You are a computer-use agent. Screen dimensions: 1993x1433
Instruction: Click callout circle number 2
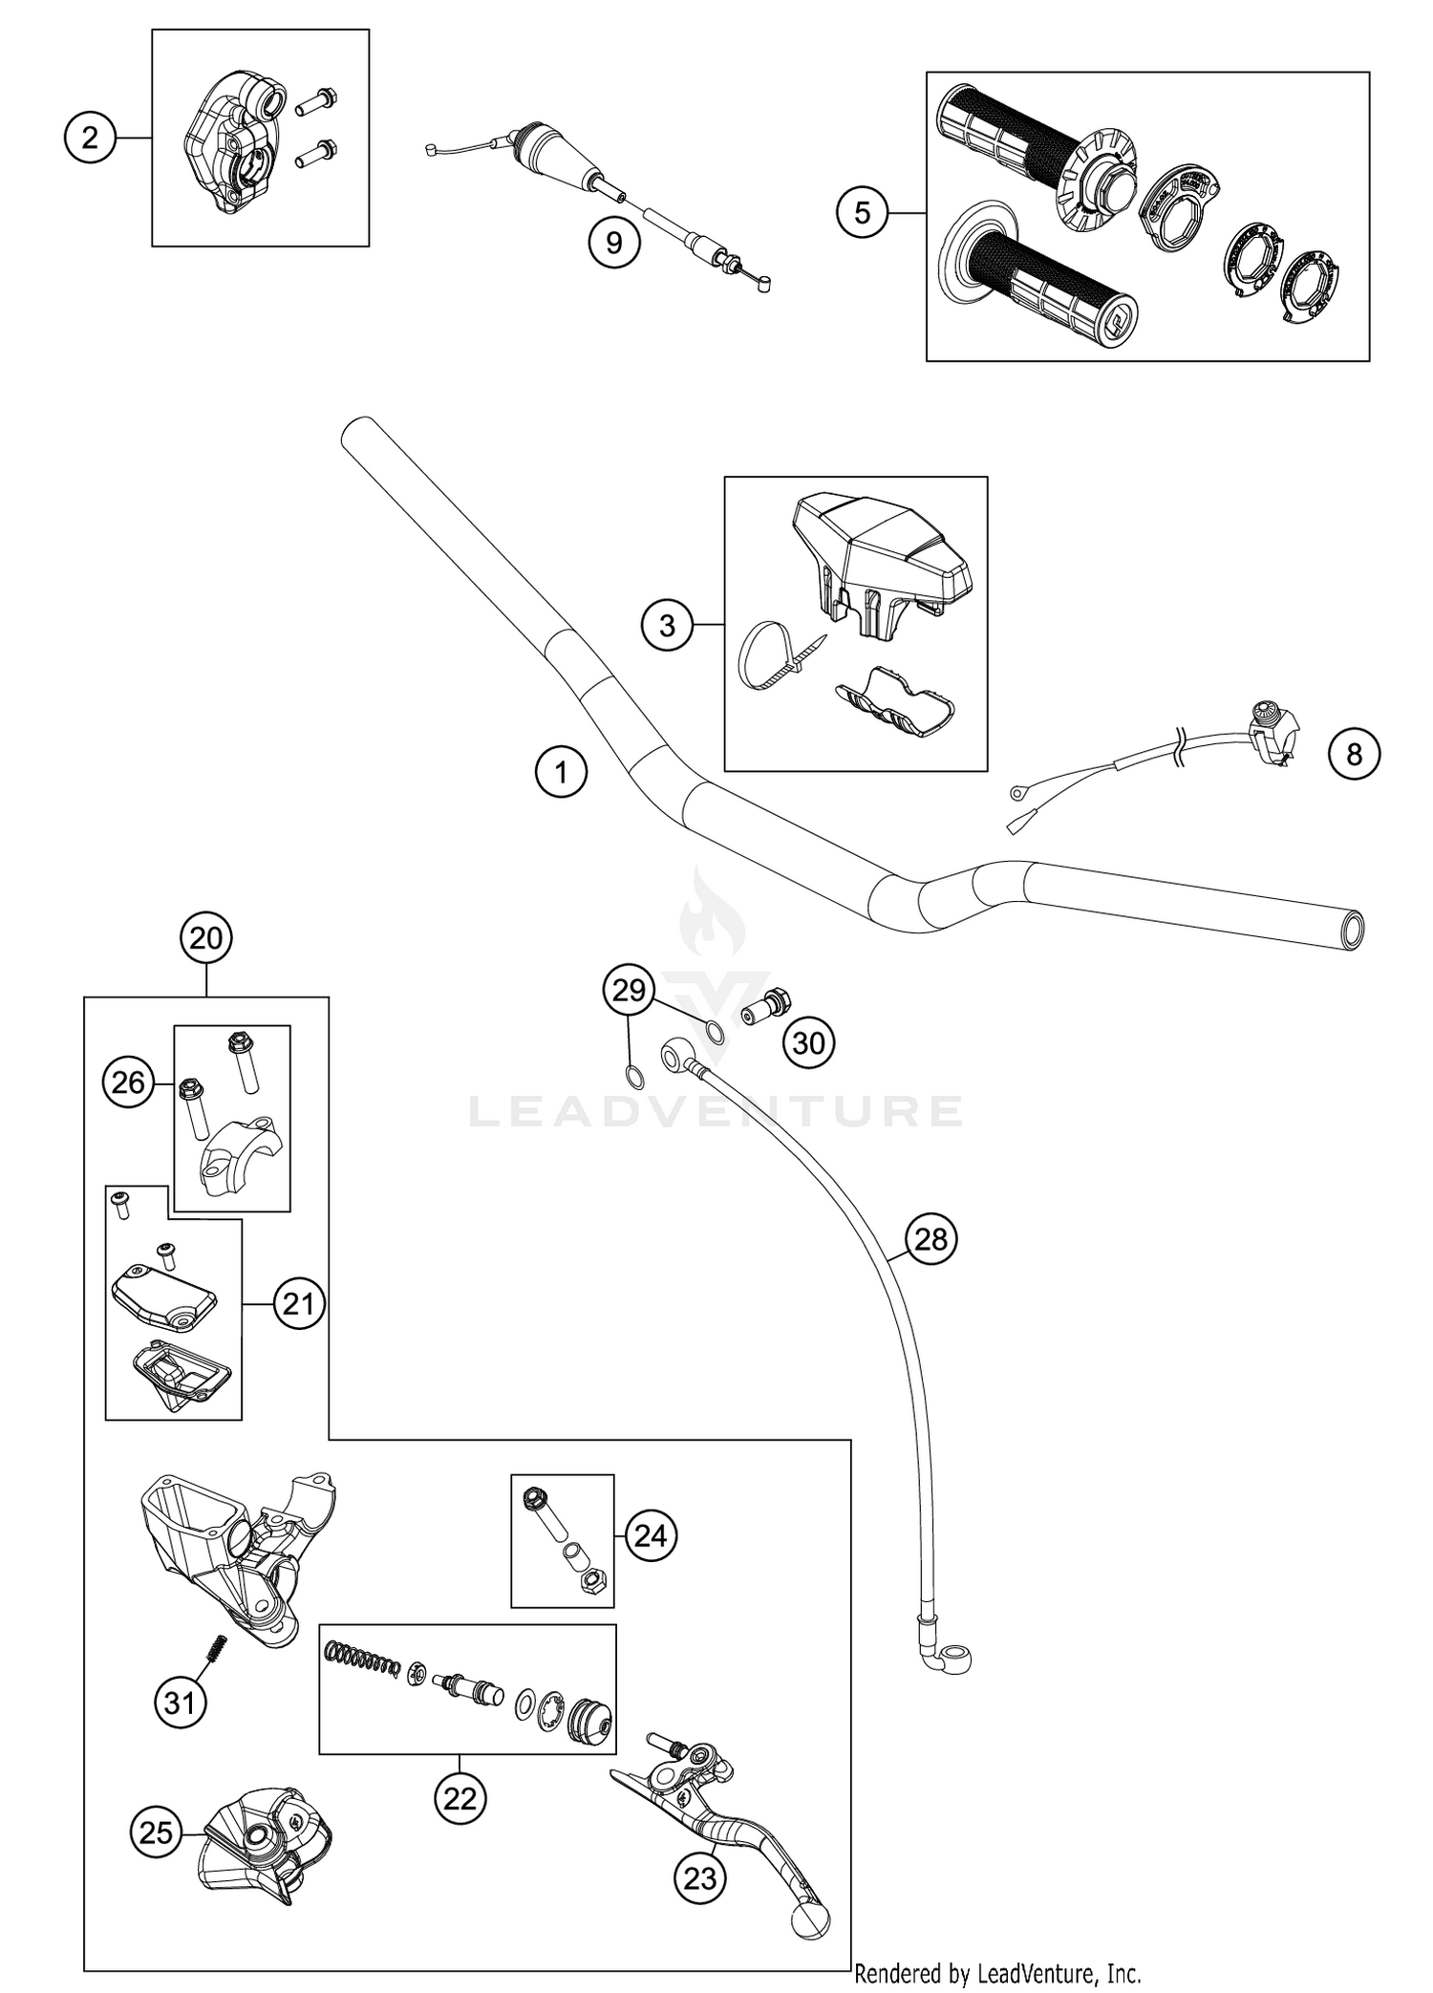(x=90, y=139)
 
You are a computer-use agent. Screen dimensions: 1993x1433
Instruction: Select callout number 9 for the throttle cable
(x=613, y=243)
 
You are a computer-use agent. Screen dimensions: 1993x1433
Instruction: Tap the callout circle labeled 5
(x=862, y=212)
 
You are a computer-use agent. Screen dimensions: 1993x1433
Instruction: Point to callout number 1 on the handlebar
(x=561, y=772)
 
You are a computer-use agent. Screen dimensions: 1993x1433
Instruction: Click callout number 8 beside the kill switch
(x=1354, y=755)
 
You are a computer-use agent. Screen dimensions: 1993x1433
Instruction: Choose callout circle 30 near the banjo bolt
(x=808, y=1042)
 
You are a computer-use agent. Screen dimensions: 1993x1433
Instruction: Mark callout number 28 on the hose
(x=930, y=1239)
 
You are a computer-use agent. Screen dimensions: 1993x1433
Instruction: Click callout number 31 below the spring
(x=181, y=1703)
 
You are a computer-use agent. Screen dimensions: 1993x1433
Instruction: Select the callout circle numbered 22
(x=460, y=1799)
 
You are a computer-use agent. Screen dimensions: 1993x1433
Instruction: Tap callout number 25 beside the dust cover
(x=156, y=1832)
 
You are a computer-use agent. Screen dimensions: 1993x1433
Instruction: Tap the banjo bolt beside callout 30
(x=764, y=1006)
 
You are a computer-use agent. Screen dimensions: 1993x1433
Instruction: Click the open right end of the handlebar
(x=1352, y=929)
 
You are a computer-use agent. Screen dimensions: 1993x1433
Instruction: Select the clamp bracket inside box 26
(x=237, y=1157)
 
